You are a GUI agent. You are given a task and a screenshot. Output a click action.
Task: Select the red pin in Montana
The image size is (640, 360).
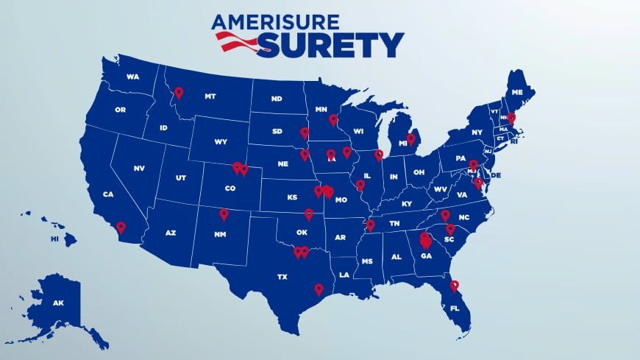[x=178, y=93]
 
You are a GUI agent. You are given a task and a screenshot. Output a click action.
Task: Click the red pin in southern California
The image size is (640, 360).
[x=121, y=227]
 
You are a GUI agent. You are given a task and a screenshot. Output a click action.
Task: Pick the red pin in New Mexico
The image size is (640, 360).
[x=224, y=213]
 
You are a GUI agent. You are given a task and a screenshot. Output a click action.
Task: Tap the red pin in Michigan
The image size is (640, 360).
[x=411, y=138]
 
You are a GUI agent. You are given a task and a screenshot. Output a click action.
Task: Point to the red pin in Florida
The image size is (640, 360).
[x=455, y=286]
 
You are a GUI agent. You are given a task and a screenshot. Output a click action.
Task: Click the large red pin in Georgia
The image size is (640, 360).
[x=425, y=240]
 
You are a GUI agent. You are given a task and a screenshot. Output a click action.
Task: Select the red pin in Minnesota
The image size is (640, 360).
[x=333, y=119]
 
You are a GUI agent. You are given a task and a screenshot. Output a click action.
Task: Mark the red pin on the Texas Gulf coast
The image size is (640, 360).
[x=319, y=289]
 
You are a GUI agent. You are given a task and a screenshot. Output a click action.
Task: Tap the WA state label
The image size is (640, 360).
[x=133, y=77]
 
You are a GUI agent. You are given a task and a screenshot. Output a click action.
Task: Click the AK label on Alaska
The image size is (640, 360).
[x=58, y=303]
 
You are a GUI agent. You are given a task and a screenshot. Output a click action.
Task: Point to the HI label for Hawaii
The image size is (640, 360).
[x=54, y=239]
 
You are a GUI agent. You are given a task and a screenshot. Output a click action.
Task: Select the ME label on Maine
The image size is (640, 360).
[x=517, y=93]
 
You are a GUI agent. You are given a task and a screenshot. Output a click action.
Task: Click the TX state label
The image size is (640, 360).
[x=282, y=278]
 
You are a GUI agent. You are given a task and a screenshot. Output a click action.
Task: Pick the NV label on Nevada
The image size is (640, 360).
[x=138, y=169]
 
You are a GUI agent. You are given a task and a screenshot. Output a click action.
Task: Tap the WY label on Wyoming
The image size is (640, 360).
[x=221, y=141]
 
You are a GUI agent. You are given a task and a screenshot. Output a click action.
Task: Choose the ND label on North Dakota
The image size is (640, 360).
[x=277, y=99]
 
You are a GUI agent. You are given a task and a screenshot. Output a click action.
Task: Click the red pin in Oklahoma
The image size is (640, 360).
[x=309, y=214]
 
